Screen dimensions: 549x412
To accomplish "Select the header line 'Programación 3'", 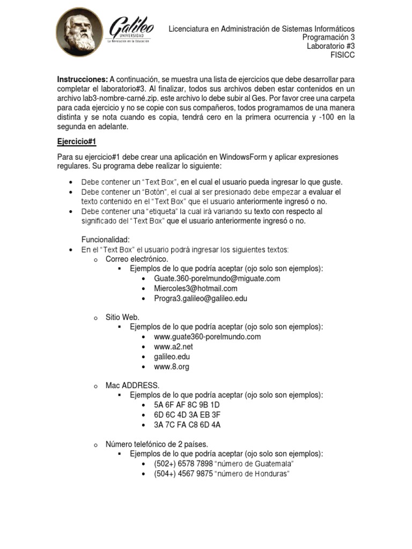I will [x=328, y=38].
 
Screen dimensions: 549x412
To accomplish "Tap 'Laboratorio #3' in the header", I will [x=330, y=46].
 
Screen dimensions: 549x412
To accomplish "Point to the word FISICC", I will [x=343, y=55].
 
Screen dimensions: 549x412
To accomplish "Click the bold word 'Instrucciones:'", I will [x=83, y=79].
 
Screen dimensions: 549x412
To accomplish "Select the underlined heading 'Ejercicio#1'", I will [x=76, y=142].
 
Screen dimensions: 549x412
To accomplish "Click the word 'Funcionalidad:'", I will [x=106, y=240].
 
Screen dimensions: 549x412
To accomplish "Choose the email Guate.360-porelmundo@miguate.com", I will [x=217, y=279].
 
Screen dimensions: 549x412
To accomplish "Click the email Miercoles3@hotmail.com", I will [x=195, y=288].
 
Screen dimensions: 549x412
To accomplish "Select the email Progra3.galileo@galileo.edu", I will [x=200, y=298].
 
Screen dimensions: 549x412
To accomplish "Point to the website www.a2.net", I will [x=173, y=347].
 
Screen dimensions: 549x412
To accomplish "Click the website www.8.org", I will [x=171, y=367].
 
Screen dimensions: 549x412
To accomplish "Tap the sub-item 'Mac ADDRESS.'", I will [x=133, y=385].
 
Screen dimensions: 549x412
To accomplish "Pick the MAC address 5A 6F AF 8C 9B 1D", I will [x=187, y=405].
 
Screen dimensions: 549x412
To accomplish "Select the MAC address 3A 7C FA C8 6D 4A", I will [x=187, y=425].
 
